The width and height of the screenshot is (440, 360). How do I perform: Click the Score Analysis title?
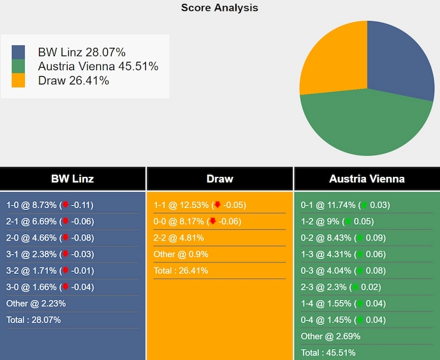(219, 8)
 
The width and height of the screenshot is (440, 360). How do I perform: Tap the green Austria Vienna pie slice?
(363, 124)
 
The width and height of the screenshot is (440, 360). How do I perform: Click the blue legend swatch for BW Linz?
(18, 52)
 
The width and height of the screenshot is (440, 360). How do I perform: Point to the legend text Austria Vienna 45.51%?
(98, 66)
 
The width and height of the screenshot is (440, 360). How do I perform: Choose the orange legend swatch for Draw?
(18, 80)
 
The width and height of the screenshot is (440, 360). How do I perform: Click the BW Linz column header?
(72, 179)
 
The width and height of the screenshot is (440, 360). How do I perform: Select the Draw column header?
(219, 179)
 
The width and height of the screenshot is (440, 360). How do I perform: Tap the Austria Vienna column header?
(367, 179)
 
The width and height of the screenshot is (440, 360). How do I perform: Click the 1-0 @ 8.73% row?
(50, 206)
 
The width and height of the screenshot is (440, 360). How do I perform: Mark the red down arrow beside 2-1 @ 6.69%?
(64, 221)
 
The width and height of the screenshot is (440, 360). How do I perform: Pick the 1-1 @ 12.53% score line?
(200, 206)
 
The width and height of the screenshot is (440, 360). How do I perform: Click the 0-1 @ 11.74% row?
(345, 206)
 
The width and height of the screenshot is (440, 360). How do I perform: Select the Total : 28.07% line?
(33, 320)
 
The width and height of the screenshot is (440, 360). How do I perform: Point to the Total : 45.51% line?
(328, 352)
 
